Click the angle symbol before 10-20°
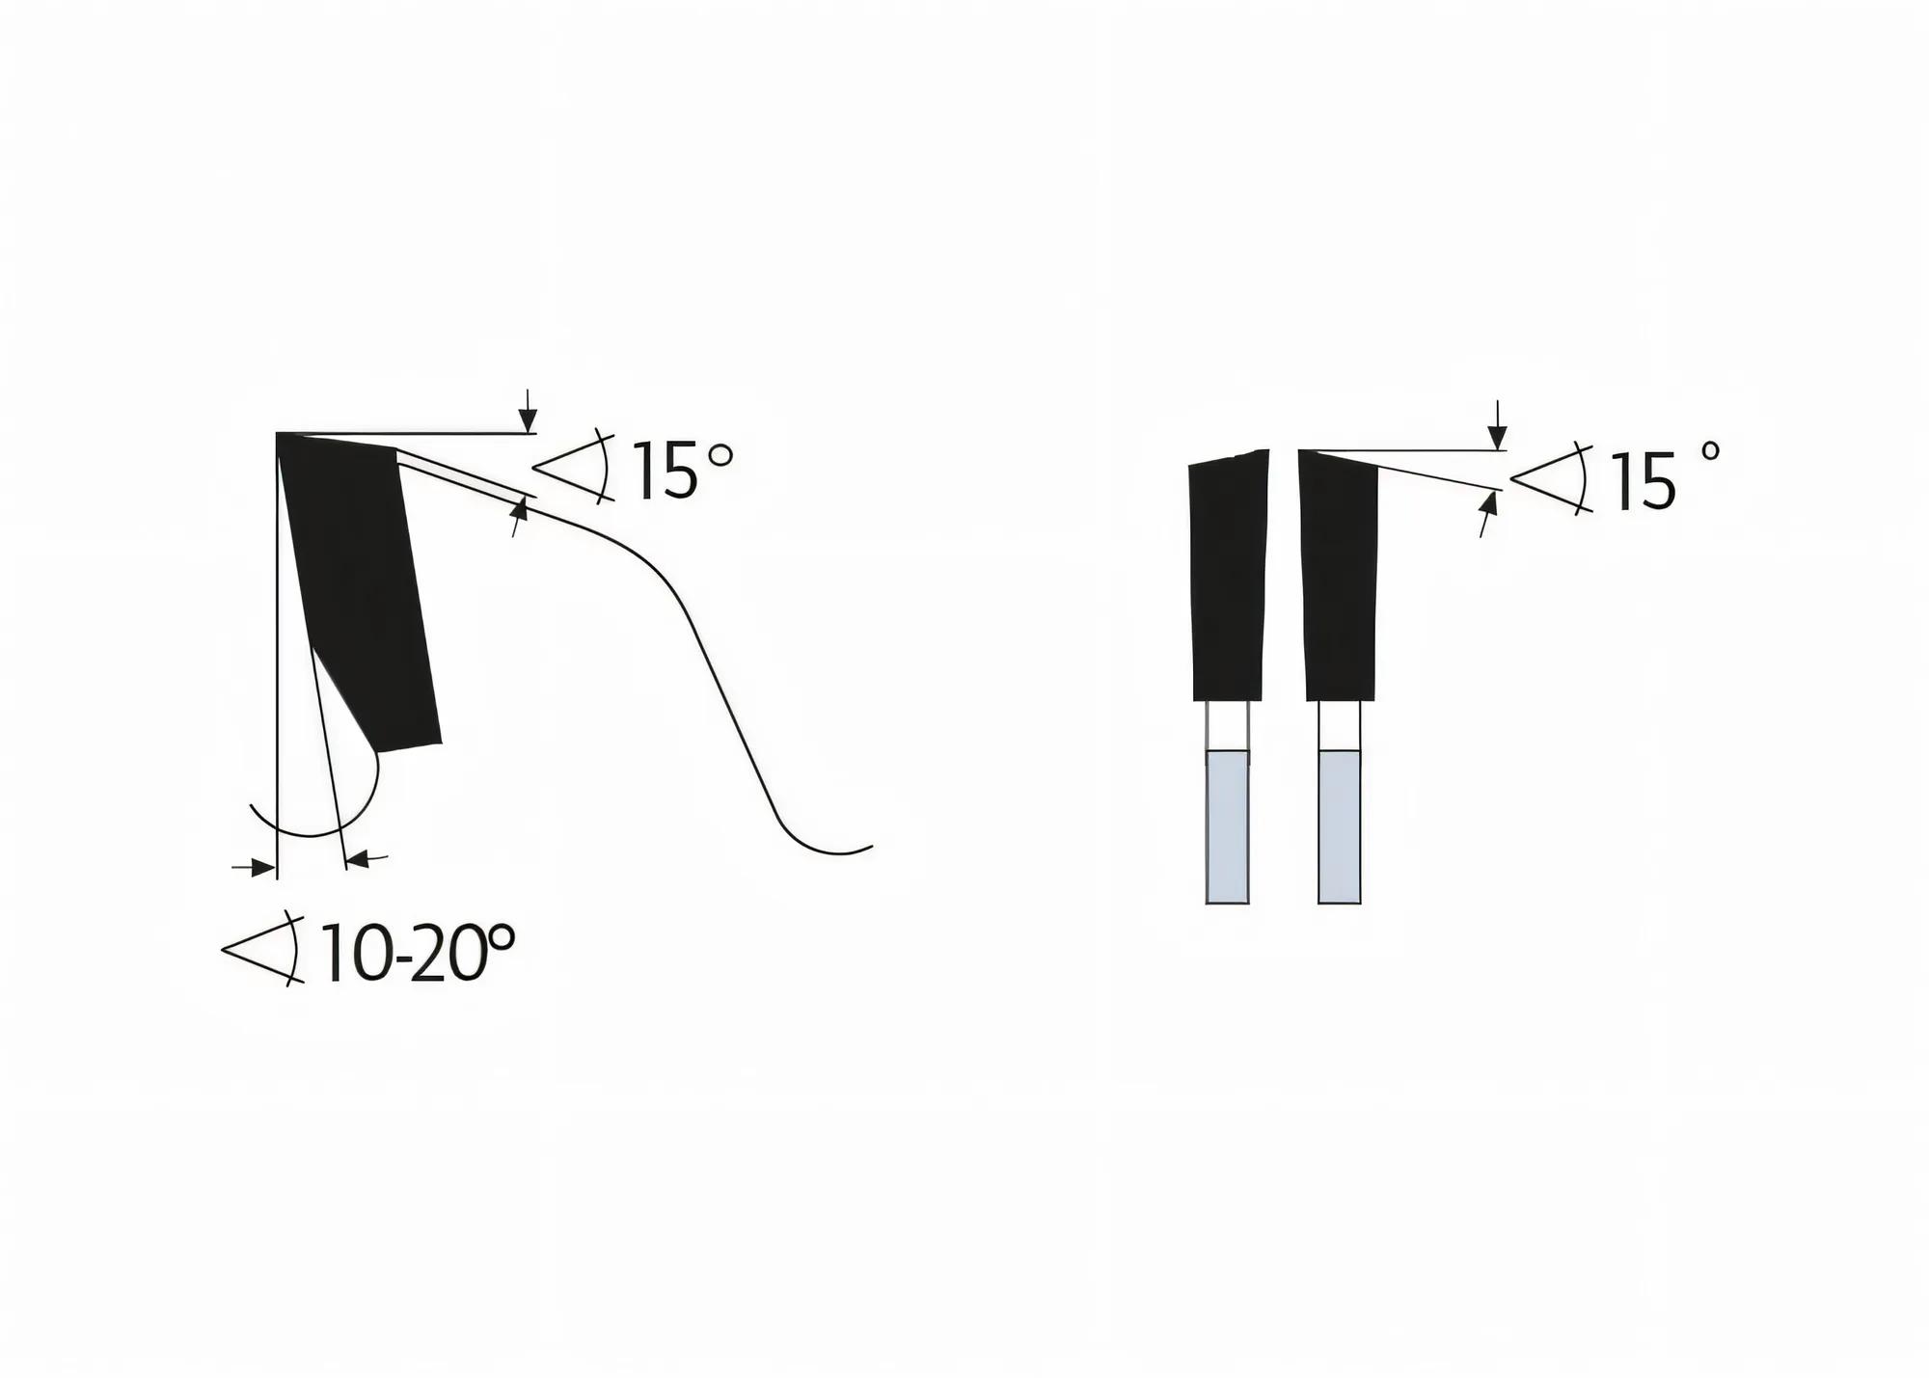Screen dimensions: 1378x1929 [262, 951]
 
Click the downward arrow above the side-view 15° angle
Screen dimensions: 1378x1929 [527, 416]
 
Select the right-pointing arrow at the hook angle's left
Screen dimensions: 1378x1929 [257, 868]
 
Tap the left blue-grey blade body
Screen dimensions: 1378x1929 [1228, 826]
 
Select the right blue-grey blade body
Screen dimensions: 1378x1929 [1340, 826]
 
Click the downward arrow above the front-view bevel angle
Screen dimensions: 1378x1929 [1497, 430]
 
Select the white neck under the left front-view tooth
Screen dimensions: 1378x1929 [1228, 725]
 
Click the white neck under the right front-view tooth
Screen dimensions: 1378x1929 [1340, 725]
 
